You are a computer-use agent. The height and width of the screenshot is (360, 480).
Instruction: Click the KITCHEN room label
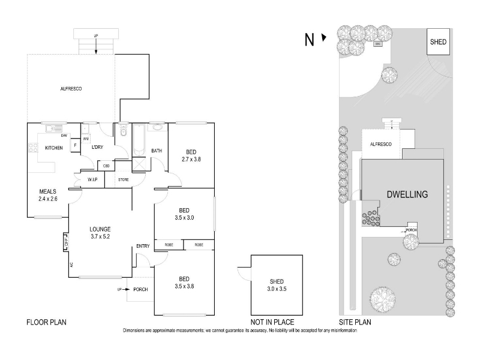point(54,148)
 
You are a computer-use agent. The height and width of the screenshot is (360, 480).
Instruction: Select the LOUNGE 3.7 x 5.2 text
point(100,232)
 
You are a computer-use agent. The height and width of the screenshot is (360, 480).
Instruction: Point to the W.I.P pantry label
point(92,179)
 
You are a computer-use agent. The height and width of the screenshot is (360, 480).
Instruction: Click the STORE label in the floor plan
point(124,179)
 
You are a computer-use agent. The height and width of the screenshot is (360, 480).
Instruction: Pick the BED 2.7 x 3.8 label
point(190,156)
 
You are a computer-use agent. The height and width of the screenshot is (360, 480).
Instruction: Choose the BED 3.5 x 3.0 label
point(185,214)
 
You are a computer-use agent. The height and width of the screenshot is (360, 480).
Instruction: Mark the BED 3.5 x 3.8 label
point(185,282)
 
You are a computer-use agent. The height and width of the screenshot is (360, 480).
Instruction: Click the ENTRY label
point(143,246)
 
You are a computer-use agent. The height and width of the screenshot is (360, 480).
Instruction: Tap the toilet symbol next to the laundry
point(124,130)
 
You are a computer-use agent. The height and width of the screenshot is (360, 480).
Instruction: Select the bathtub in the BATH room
point(139,139)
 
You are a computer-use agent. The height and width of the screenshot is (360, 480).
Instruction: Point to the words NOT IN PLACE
point(267,322)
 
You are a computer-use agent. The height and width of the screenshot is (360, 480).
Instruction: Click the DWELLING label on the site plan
point(407,194)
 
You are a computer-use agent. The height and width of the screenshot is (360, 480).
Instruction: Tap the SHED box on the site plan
point(437,42)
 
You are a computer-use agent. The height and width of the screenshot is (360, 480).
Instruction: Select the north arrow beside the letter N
point(324,38)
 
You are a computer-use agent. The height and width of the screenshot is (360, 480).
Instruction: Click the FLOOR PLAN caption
point(46,322)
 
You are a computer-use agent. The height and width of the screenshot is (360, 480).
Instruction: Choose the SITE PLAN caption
point(355,322)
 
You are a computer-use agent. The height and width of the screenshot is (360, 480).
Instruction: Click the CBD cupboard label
point(106,166)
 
